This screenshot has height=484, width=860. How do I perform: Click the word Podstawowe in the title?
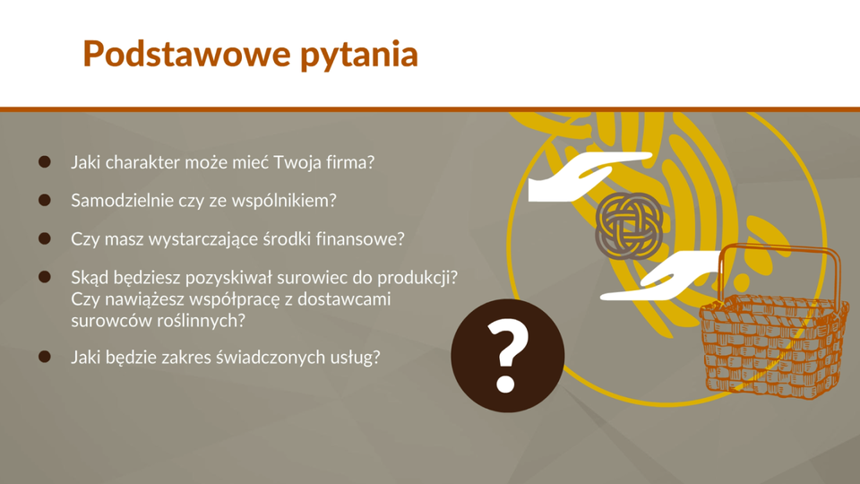click(186, 54)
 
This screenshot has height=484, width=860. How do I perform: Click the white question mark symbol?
click(507, 356)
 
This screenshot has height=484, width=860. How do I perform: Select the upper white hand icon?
click(589, 177)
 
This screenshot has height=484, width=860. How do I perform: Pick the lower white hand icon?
click(661, 276)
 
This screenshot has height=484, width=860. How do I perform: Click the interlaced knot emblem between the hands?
click(629, 226)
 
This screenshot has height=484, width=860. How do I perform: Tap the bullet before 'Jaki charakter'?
click(45, 162)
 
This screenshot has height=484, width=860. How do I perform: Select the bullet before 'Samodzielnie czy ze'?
click(45, 200)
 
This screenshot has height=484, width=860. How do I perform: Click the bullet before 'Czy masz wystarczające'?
click(45, 238)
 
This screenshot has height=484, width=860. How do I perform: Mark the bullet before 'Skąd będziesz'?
click(45, 277)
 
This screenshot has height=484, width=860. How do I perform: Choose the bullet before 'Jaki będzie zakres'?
click(45, 357)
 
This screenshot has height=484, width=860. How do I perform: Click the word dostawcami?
click(344, 299)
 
